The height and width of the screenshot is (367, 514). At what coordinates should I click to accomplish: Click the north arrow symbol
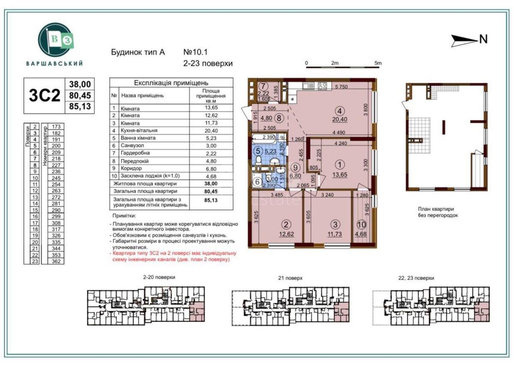click(465, 40)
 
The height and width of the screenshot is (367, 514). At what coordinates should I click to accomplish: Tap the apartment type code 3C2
click(44, 96)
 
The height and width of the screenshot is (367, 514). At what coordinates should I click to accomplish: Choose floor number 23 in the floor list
click(35, 261)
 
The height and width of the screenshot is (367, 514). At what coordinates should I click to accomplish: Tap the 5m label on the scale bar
click(377, 63)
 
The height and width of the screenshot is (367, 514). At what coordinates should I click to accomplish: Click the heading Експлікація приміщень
click(171, 82)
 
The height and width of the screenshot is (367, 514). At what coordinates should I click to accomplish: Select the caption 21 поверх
click(290, 278)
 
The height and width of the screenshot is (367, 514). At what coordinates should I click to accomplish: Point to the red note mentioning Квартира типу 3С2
click(171, 256)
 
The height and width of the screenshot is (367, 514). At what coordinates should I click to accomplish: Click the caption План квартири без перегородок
click(438, 212)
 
